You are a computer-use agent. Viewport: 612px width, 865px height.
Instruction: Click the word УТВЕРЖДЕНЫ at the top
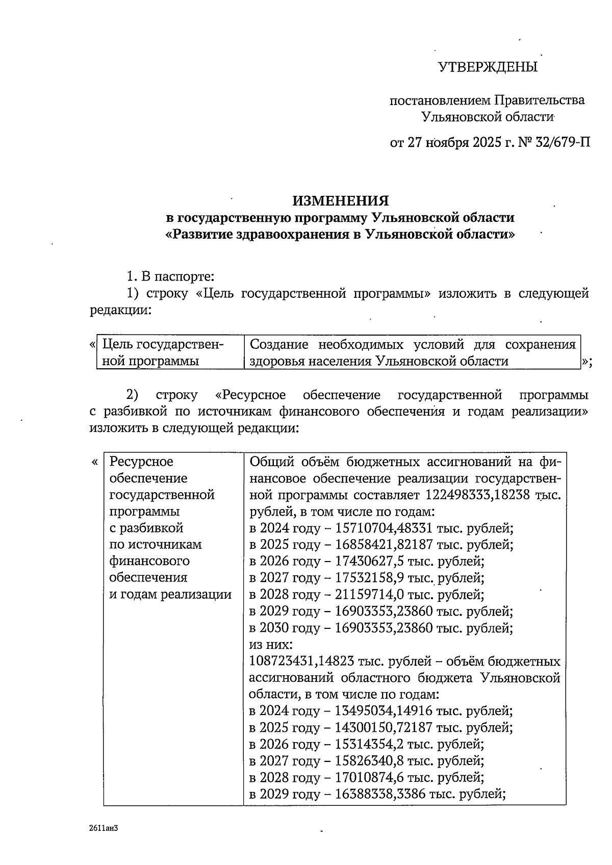pos(488,67)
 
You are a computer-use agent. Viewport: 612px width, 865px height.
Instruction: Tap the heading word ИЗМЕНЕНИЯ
pos(341,200)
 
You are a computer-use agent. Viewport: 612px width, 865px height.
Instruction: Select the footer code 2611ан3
pos(104,828)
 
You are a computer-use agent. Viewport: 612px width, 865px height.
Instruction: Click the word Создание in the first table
pos(279,345)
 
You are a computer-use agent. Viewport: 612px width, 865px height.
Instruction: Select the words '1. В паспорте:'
pos(170,277)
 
